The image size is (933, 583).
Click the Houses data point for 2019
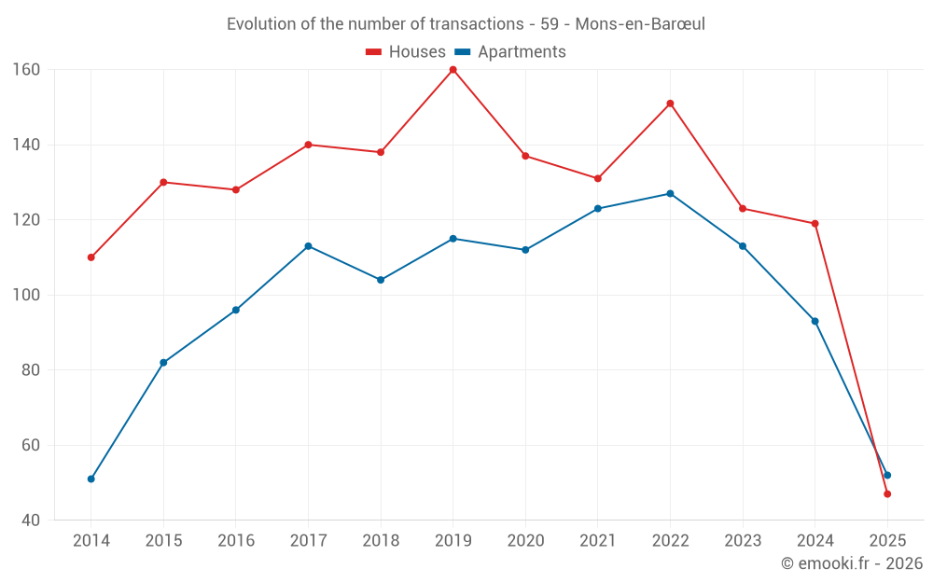[x=453, y=70]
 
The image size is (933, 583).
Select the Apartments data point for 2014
[x=91, y=479]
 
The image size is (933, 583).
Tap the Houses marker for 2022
[x=670, y=104]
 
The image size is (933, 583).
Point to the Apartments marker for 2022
[x=670, y=193]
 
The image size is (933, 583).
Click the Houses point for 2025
[x=887, y=493]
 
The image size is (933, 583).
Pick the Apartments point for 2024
[x=815, y=321]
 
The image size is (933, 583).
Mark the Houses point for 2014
[x=91, y=257]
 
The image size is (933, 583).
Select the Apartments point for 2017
[x=308, y=246]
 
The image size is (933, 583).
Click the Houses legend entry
[x=406, y=52]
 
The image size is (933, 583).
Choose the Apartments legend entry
[x=510, y=52]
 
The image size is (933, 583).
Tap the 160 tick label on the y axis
[x=26, y=70]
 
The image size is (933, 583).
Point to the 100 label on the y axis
[x=26, y=295]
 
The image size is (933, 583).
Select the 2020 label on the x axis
[x=525, y=541]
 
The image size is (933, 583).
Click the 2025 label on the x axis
[x=887, y=541]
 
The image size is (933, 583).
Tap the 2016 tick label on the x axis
[x=236, y=541]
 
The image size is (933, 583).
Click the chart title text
[x=466, y=24]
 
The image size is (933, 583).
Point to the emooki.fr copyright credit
[x=852, y=563]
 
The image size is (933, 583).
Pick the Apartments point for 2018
[x=381, y=280]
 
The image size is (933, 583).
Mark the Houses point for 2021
[x=598, y=178]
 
